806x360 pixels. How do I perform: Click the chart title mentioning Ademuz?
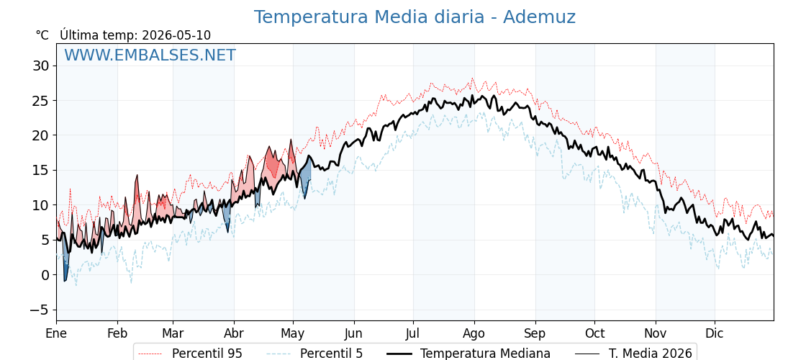[x=415, y=17]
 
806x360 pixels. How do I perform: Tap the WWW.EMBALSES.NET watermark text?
[x=150, y=55]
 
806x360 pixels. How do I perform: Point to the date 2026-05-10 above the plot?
[x=176, y=35]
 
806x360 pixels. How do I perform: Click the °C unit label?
[x=42, y=35]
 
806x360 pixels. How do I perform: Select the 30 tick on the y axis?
[x=40, y=66]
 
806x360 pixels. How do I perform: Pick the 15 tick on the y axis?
[x=40, y=170]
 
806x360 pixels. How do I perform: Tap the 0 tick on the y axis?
[x=45, y=275]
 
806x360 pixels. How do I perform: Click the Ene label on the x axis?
[x=56, y=333]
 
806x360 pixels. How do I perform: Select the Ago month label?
[x=474, y=333]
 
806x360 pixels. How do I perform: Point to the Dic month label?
[x=715, y=333]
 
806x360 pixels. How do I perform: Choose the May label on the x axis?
[x=293, y=333]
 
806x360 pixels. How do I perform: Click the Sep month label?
[x=535, y=333]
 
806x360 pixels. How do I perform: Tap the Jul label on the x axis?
[x=413, y=333]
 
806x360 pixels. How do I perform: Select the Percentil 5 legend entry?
[x=314, y=354]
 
